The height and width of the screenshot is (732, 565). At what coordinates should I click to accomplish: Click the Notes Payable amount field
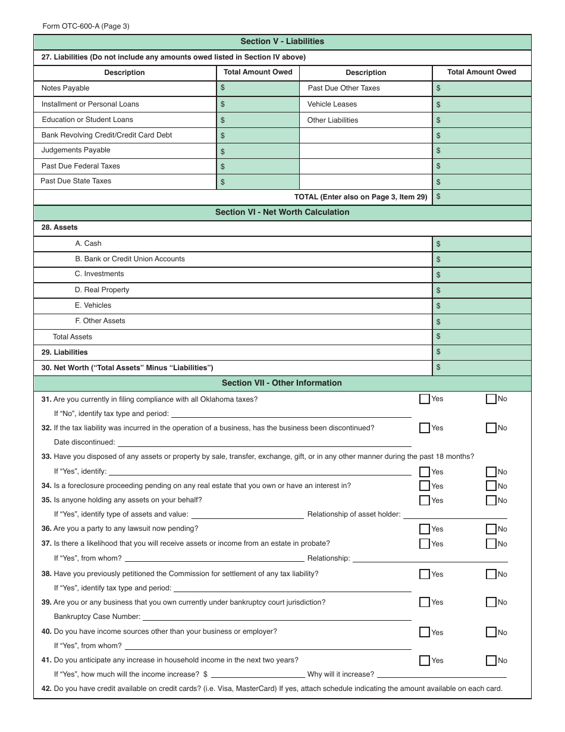pos(258,88)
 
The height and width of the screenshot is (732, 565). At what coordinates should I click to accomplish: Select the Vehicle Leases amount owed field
pos(482,104)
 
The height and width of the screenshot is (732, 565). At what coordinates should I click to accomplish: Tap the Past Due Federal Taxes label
pos(81,166)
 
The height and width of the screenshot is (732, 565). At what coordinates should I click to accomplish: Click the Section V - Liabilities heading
pos(282,42)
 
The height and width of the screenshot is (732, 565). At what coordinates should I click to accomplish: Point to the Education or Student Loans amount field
pos(258,120)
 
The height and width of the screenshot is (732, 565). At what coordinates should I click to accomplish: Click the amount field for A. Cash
pos(482,244)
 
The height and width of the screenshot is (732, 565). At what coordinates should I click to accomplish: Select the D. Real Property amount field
pos(482,290)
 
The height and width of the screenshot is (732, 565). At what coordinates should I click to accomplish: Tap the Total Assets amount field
pos(482,337)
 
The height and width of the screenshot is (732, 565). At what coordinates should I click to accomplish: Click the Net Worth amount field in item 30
pos(482,368)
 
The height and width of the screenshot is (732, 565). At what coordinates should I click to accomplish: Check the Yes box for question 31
pos(425,399)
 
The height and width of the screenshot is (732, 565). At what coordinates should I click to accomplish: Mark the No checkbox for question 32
pos(491,428)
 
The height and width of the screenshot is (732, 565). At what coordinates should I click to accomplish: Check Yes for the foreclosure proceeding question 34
pos(425,486)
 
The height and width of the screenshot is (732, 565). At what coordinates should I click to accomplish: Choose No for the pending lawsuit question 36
pos(491,529)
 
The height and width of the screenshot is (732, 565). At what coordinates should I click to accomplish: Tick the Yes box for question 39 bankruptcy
pos(425,602)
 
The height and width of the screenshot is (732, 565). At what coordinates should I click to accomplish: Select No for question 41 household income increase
pos(491,661)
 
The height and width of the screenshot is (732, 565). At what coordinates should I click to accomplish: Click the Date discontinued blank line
pos(264,442)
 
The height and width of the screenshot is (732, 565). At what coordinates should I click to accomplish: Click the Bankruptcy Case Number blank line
pos(277,617)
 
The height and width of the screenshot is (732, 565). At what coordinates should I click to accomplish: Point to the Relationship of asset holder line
pos(455,514)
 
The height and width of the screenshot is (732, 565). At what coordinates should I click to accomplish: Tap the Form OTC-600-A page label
pos(86,26)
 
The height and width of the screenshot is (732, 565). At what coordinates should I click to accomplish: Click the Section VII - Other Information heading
pos(282,383)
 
